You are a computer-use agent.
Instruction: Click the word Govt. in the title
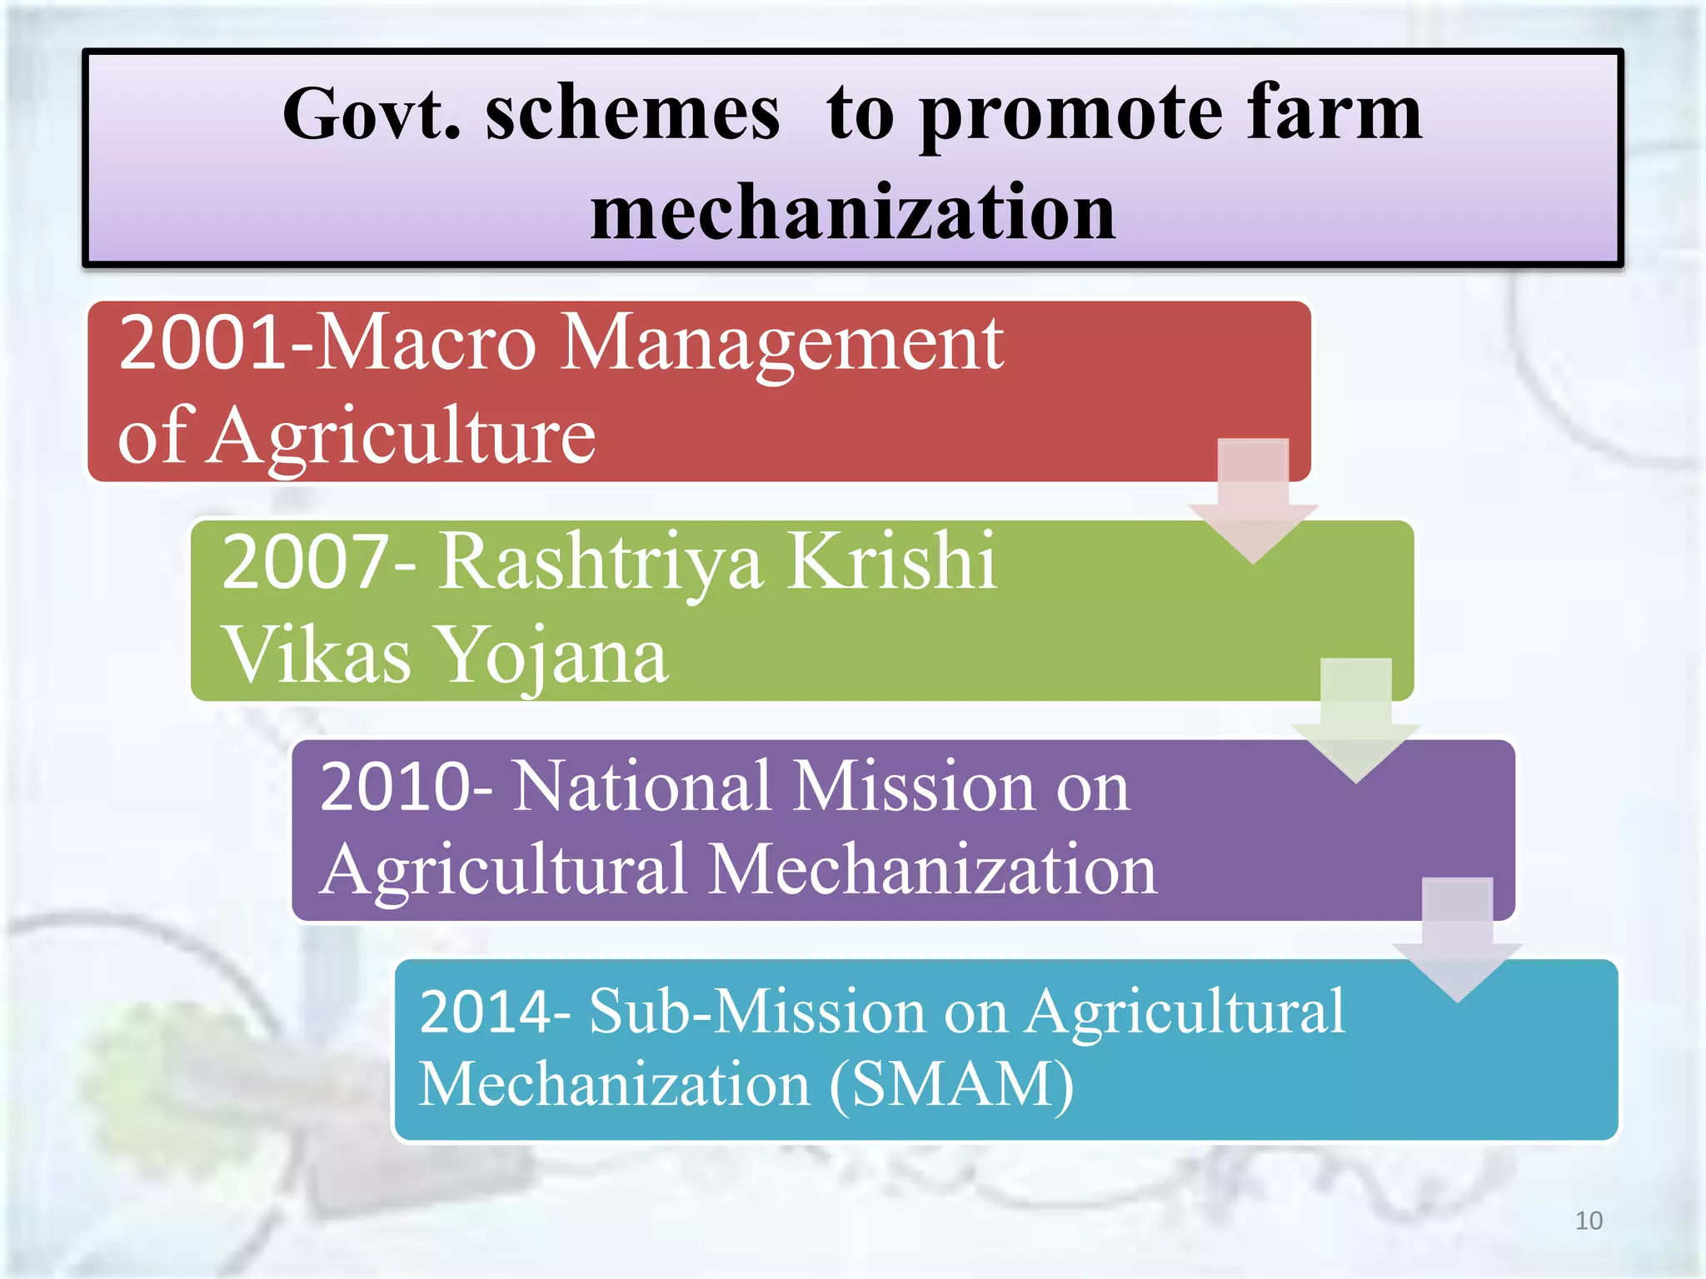(372, 114)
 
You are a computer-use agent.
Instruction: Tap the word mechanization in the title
(852, 212)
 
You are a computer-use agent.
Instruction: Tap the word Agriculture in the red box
(403, 436)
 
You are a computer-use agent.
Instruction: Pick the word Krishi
(891, 561)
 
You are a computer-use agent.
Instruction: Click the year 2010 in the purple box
(397, 786)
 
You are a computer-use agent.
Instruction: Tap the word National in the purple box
(641, 786)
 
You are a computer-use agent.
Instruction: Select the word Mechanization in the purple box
(933, 870)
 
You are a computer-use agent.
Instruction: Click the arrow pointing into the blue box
(1457, 940)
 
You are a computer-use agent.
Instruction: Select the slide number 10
(1589, 1221)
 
